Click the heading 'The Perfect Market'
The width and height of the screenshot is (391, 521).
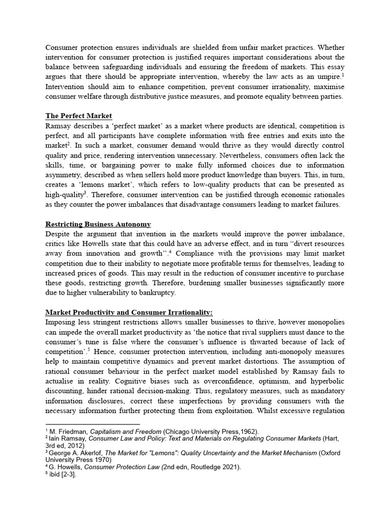pos(79,116)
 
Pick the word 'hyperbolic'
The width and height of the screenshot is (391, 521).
pos(326,381)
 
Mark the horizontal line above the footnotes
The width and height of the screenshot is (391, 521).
pos(93,424)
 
